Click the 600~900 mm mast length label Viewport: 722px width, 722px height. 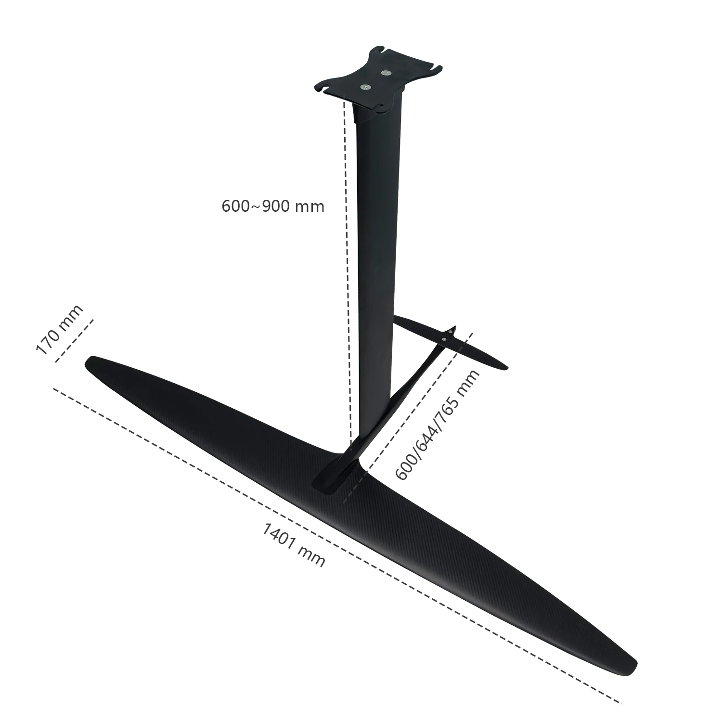273,206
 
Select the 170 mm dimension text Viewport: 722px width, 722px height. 59,330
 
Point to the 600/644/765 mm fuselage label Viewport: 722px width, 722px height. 437,425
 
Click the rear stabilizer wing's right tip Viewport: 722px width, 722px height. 505,368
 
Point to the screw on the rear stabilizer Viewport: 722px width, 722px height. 444,340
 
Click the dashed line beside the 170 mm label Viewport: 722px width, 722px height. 74,340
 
